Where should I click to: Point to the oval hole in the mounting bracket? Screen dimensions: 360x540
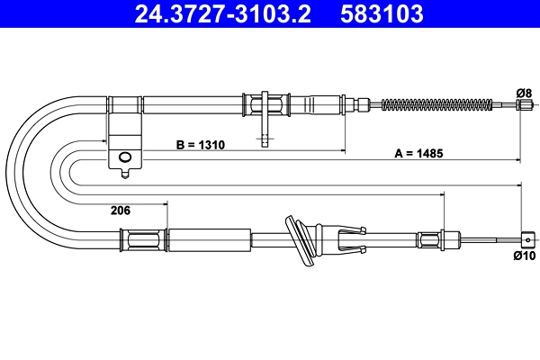click(x=125, y=159)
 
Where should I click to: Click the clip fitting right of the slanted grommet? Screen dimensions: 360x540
click(x=349, y=238)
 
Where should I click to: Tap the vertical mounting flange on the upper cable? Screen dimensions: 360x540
click(x=266, y=104)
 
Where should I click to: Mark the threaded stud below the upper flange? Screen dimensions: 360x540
click(x=265, y=136)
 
